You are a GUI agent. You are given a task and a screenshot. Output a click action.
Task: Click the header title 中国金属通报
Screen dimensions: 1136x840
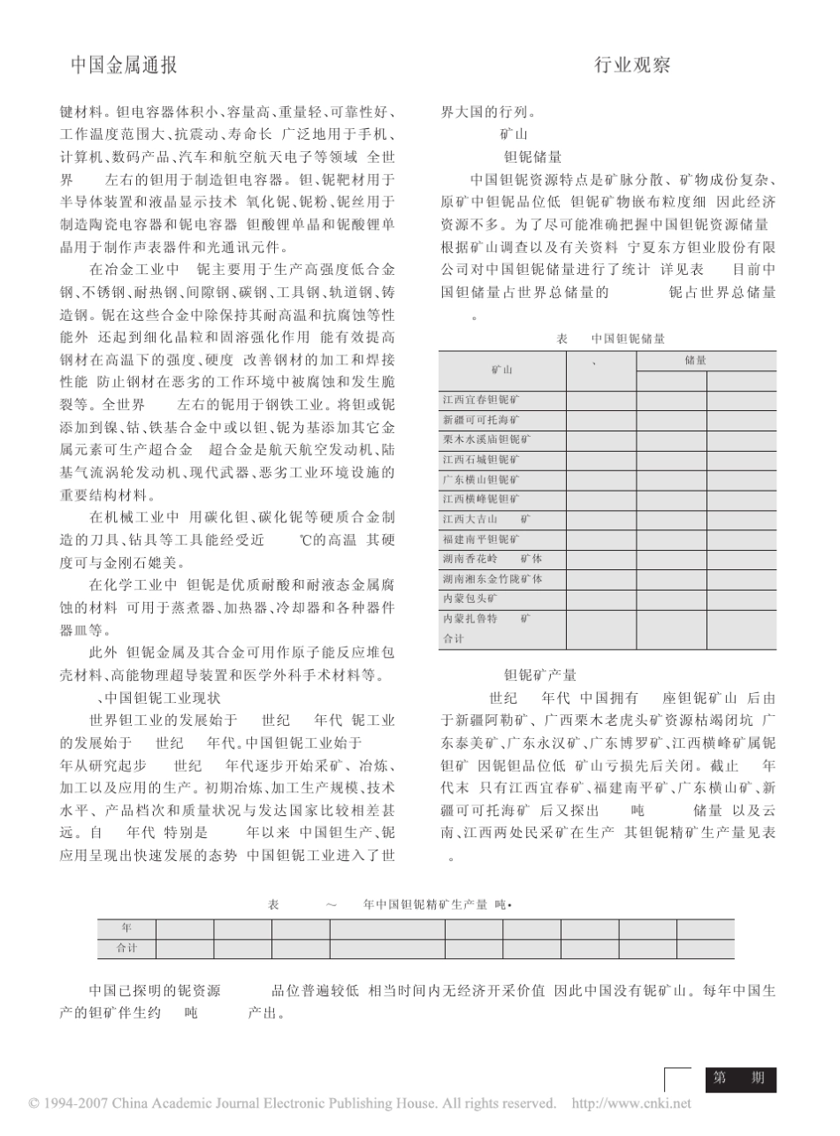123,65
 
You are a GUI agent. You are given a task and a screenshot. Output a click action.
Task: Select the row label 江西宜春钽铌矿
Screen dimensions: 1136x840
481,400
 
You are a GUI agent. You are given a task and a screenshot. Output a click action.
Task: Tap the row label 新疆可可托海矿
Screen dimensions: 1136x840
481,419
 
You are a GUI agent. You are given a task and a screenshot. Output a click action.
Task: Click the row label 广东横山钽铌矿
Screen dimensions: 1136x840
481,479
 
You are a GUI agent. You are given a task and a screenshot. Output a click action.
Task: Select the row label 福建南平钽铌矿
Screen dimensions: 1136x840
481,538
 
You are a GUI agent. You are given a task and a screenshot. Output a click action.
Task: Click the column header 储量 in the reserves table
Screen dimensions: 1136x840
695,360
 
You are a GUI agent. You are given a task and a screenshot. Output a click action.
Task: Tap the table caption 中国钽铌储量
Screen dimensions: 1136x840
628,339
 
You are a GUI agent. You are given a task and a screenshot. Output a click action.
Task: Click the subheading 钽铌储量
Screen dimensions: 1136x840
532,157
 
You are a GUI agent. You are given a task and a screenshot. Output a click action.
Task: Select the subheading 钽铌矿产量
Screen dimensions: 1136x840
539,675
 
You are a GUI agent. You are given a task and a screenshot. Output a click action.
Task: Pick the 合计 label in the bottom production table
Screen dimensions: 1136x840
126,949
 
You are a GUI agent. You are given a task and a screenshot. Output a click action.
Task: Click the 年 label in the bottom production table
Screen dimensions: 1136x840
126,928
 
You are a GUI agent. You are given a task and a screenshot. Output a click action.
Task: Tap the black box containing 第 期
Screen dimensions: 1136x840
740,1079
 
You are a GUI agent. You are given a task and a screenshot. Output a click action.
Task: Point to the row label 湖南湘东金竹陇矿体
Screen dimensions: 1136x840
492,578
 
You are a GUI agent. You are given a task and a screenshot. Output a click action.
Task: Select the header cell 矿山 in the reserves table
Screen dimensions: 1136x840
502,370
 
